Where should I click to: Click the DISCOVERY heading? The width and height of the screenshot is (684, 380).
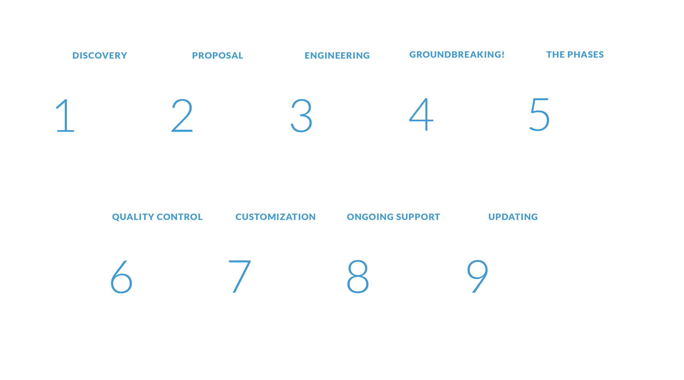tap(100, 55)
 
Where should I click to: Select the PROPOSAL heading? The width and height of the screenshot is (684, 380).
tap(217, 55)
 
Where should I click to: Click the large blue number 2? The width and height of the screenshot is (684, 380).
tap(182, 116)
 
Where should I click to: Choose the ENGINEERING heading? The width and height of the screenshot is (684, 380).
tap(337, 55)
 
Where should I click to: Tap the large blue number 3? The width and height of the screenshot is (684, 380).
tap(301, 116)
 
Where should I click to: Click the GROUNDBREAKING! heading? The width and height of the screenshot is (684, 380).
tap(457, 54)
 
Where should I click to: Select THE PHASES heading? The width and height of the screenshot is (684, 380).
tap(575, 54)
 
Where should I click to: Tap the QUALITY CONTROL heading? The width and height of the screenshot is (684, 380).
tap(157, 217)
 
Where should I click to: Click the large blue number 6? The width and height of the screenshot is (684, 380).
tap(121, 277)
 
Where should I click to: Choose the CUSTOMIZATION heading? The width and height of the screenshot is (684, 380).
tap(275, 217)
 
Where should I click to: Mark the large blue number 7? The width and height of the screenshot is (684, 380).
tap(239, 277)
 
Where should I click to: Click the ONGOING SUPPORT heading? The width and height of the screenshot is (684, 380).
tap(393, 217)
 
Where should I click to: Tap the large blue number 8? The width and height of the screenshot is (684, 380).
tap(358, 277)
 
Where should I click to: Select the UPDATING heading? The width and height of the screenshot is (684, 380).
tap(513, 217)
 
